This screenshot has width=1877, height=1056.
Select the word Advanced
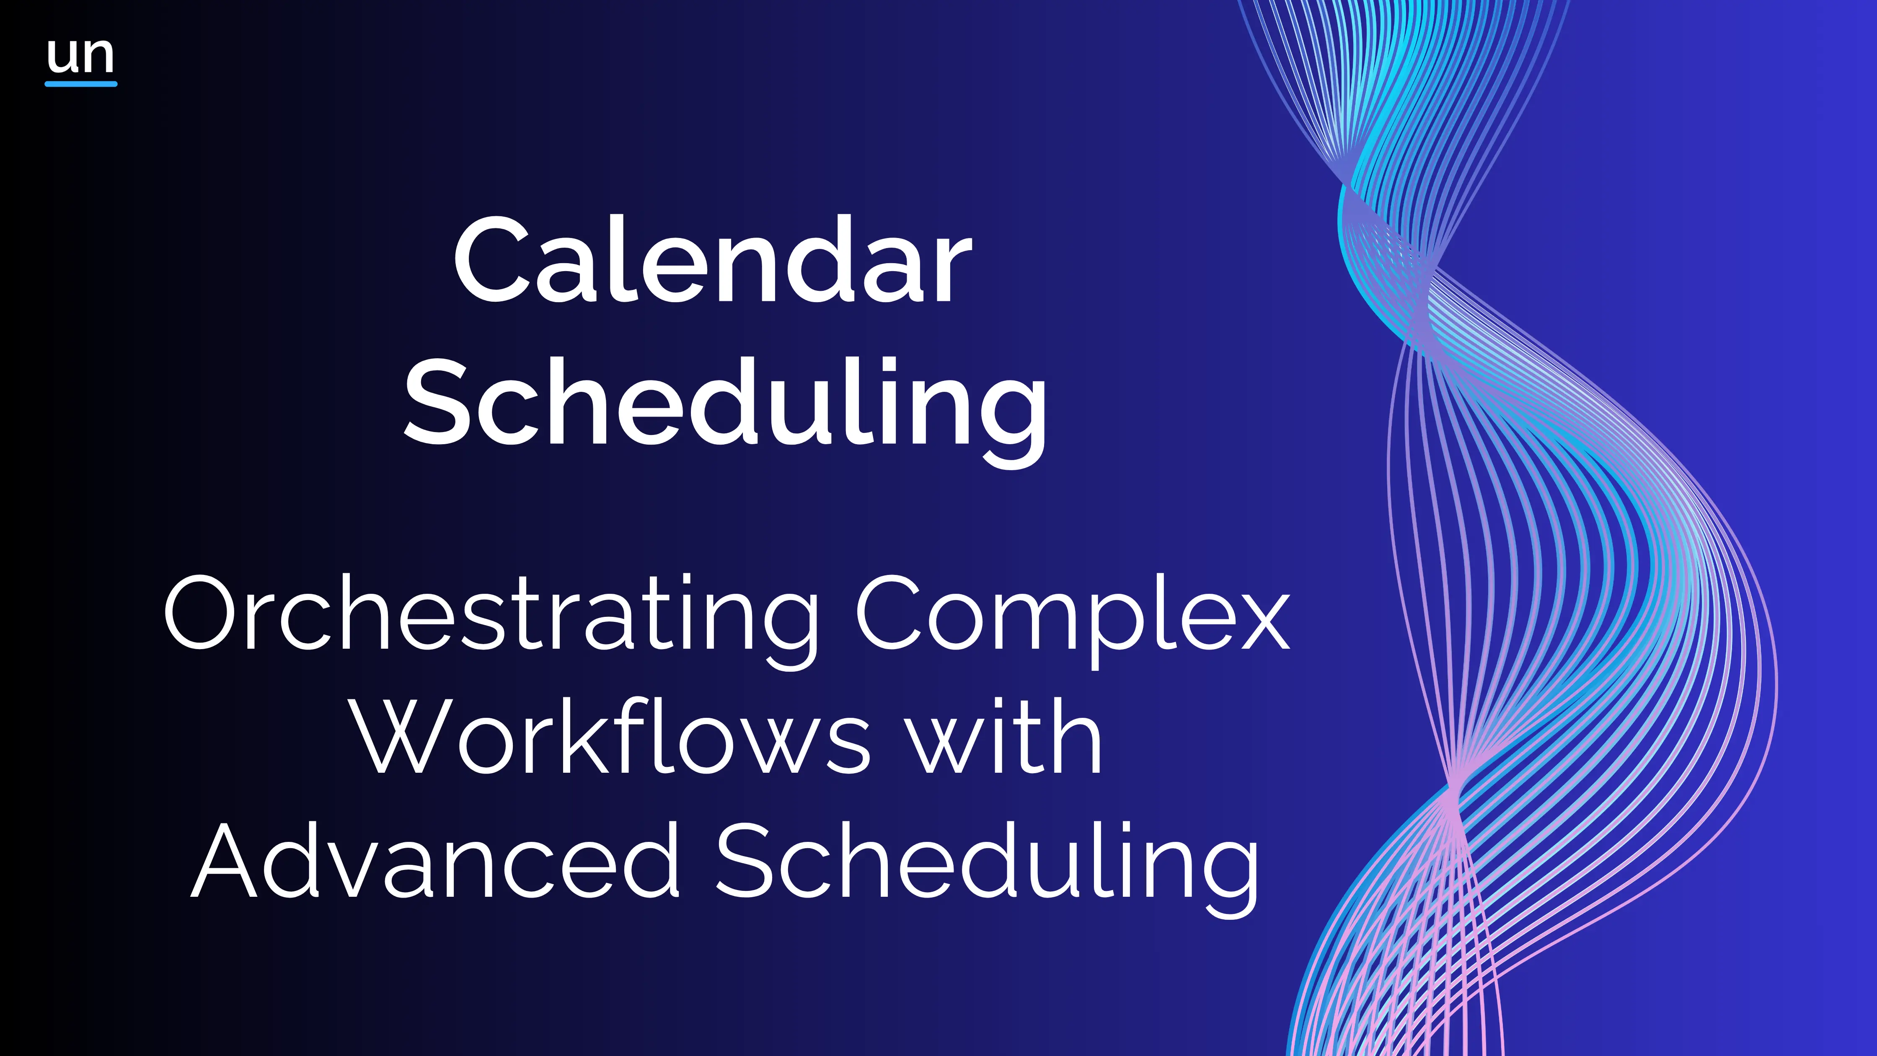coord(435,860)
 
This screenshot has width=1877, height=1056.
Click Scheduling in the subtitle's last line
coord(988,867)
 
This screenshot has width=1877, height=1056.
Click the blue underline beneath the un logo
coord(81,84)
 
